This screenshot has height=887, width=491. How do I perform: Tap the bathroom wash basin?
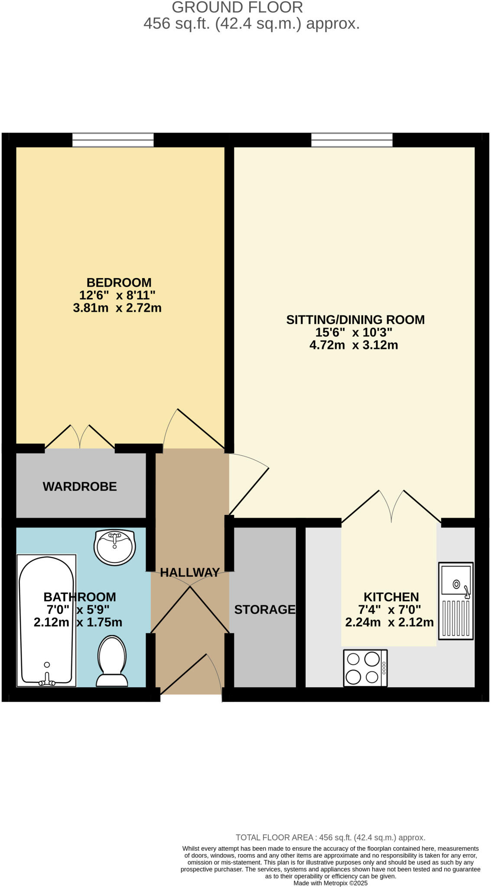coord(114,547)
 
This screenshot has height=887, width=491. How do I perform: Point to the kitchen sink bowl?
coord(456,580)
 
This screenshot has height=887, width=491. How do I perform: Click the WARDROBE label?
coord(80,486)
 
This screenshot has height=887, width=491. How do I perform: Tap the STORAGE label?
coord(264,609)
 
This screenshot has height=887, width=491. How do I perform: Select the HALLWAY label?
coord(190,572)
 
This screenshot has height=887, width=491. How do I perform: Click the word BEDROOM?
coord(119,282)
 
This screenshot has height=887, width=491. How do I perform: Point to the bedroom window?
coord(113,140)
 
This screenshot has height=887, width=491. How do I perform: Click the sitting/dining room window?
coord(351,140)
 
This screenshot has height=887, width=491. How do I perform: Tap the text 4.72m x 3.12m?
coord(354,345)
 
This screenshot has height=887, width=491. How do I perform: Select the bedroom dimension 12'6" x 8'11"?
coord(117,295)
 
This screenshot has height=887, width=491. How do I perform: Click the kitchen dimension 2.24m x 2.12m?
coord(389,622)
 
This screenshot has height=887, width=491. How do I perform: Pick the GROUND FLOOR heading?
coord(237,7)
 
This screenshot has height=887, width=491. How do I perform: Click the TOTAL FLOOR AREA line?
coord(330,837)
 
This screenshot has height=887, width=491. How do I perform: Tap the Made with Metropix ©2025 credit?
coord(330,883)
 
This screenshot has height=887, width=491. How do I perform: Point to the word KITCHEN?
coord(391,597)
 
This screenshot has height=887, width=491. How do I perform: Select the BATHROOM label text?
coord(80,597)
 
